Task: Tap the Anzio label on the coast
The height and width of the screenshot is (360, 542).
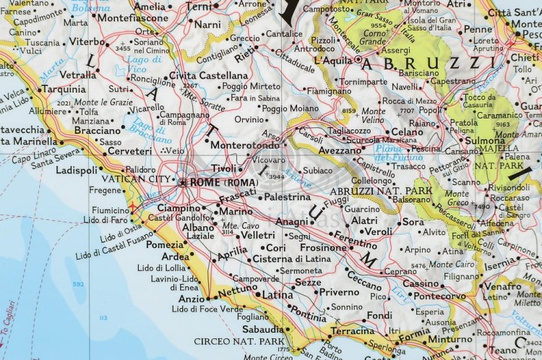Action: [x=192, y=298]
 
